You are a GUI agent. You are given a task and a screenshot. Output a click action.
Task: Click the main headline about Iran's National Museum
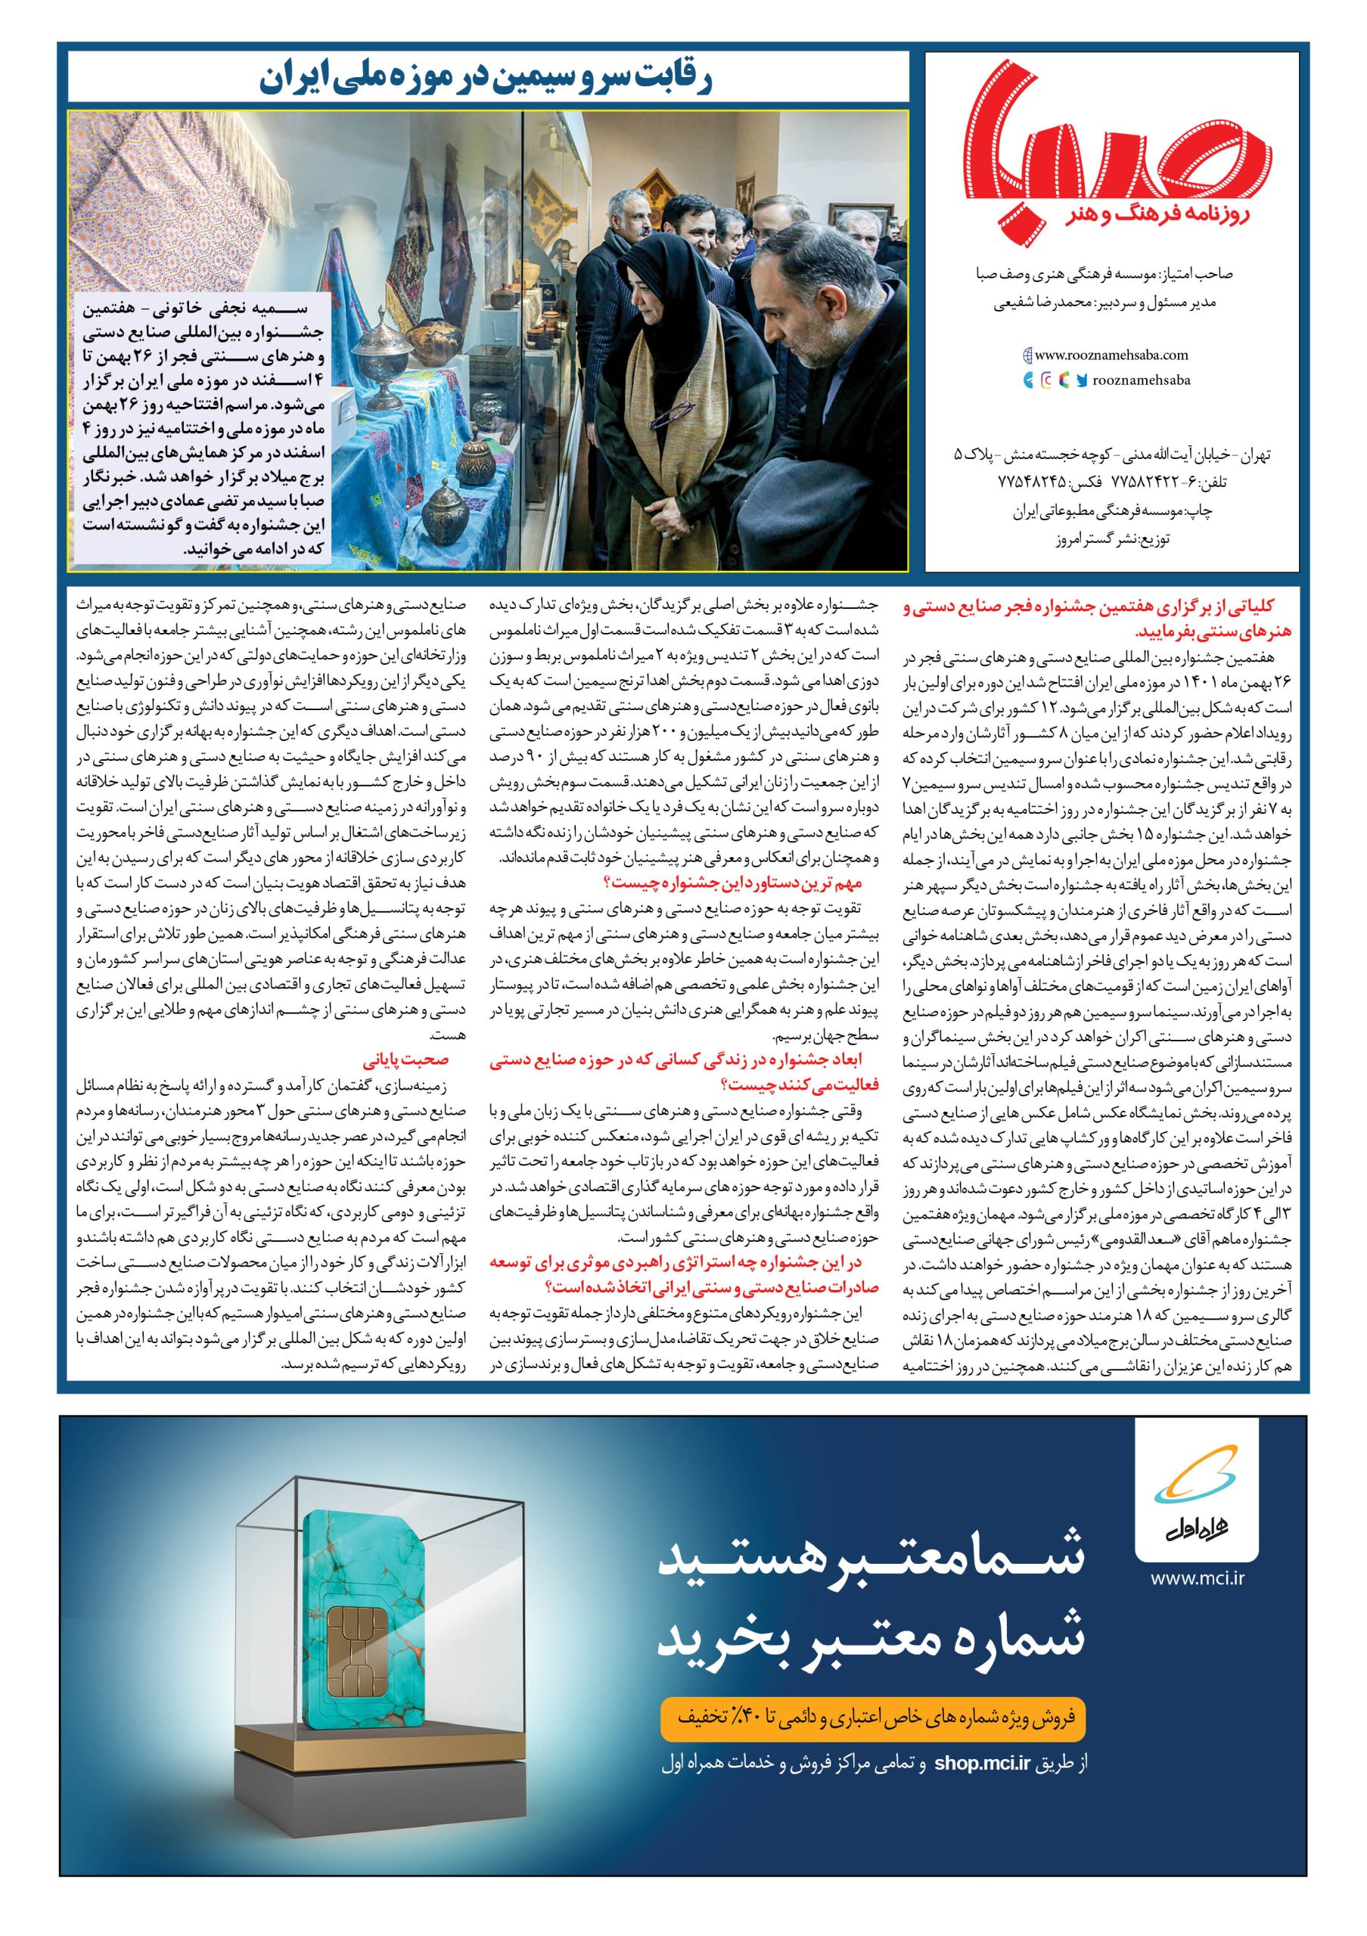(x=488, y=80)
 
